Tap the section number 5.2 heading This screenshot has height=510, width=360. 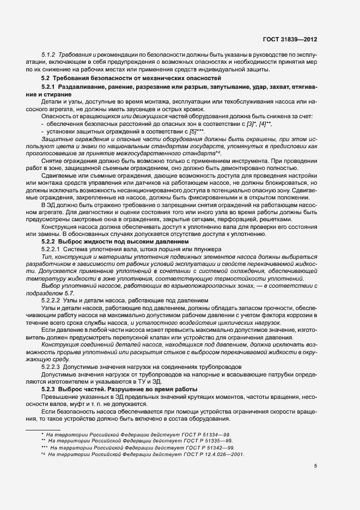pyautogui.click(x=46, y=78)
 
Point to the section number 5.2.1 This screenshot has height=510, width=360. pyautogui.click(x=49, y=87)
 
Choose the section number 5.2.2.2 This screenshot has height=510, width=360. pyautogui.click(x=52, y=301)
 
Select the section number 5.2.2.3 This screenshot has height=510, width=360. pyautogui.click(x=52, y=366)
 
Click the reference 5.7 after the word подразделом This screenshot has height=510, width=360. pyautogui.click(x=72, y=293)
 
